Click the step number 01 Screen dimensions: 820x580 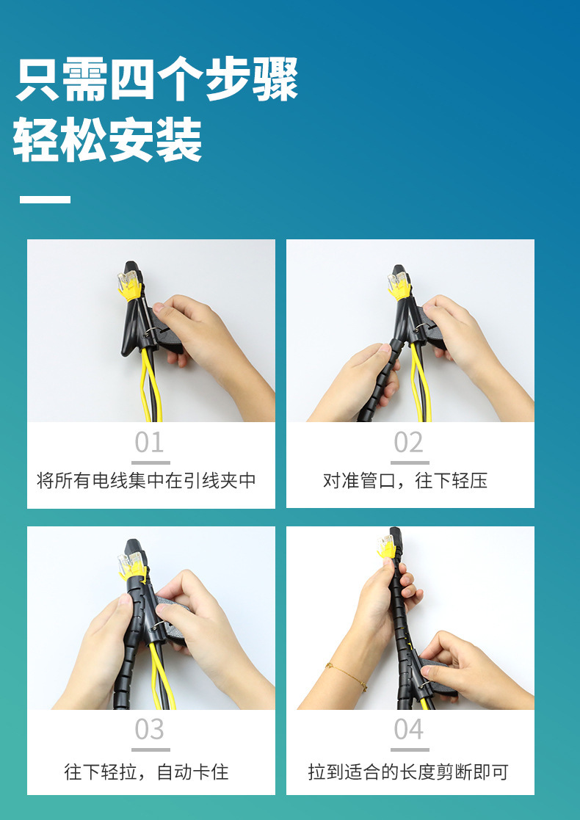click(150, 443)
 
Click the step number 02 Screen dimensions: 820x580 click(409, 443)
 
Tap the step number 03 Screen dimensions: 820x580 click(150, 730)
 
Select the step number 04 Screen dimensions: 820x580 click(409, 730)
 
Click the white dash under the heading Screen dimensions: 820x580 click(45, 199)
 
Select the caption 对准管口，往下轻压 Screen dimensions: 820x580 click(405, 481)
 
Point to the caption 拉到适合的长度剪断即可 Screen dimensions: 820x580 click(408, 772)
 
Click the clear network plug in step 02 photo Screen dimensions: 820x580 click(399, 283)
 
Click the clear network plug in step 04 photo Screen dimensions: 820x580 click(385, 544)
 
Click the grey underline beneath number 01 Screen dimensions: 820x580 click(151, 462)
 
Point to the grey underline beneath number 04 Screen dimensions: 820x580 click(409, 750)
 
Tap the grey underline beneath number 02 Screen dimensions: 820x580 click(409, 462)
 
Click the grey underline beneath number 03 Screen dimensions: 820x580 click(151, 750)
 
